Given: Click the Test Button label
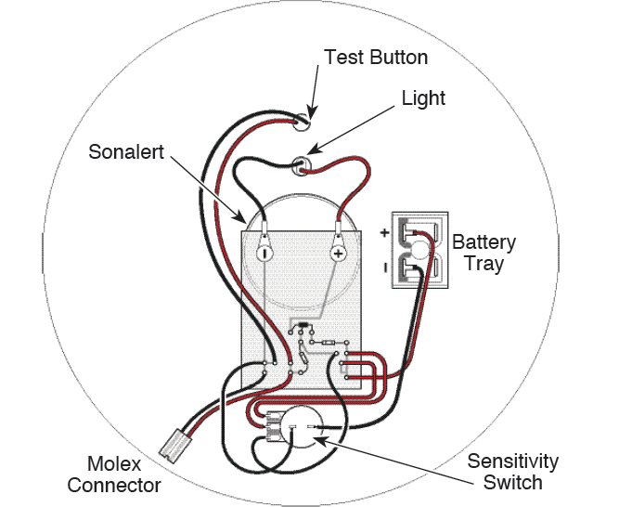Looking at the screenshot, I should point(375,58).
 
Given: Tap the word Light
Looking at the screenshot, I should point(423,97).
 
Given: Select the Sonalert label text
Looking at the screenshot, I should point(126,151).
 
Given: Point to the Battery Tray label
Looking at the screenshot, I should point(484,253).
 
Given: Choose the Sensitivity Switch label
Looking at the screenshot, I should point(512,472).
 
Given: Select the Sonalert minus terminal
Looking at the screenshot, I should point(264,252).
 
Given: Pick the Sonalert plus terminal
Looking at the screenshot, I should point(338,252).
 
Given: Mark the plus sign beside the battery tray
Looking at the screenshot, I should point(382,232).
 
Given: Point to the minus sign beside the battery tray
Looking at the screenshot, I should point(383,268).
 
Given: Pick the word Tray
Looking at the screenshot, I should point(484,264).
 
